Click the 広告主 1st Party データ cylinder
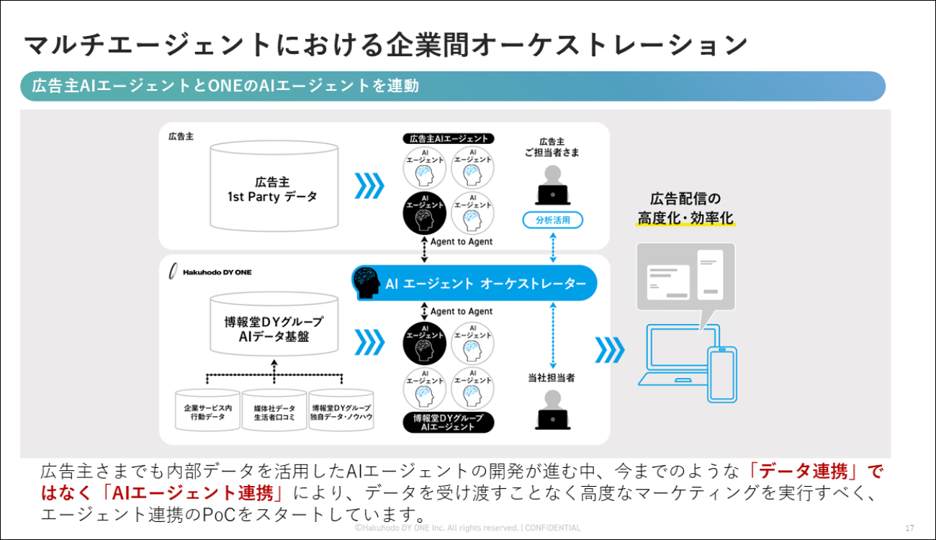click(x=273, y=186)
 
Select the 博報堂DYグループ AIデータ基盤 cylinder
click(x=273, y=328)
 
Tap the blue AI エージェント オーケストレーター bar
click(x=474, y=284)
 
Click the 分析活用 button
click(x=552, y=220)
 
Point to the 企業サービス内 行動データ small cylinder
click(x=207, y=411)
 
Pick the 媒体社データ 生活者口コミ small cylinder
click(x=274, y=411)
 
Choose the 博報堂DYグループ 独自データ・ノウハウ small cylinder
click(x=341, y=411)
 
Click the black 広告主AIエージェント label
click(x=449, y=138)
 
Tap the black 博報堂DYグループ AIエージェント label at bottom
click(x=449, y=422)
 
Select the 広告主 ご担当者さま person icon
click(x=552, y=185)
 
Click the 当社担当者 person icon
click(x=552, y=409)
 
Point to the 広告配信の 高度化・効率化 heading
click(x=685, y=208)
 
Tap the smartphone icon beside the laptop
click(x=722, y=375)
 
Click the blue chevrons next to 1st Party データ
click(x=370, y=186)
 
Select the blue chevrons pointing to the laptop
click(x=610, y=350)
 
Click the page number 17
click(x=909, y=527)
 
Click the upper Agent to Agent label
click(x=461, y=242)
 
